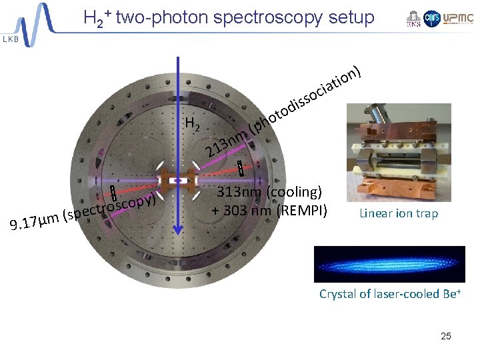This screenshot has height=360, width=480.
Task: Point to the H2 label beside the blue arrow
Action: click(x=194, y=123)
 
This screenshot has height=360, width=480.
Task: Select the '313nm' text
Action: click(x=243, y=193)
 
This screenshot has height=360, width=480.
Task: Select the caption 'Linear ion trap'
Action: click(x=399, y=213)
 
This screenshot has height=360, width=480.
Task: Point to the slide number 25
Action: click(x=445, y=336)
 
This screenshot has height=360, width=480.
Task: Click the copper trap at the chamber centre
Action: click(x=178, y=178)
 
